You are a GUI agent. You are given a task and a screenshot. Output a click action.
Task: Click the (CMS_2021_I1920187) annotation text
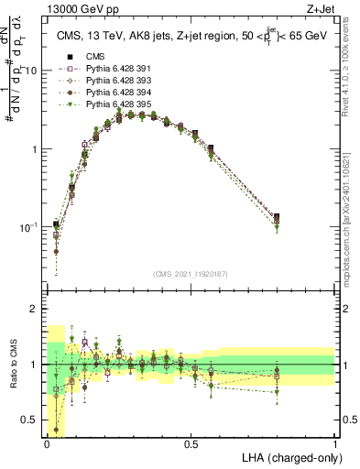[x=191, y=274]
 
